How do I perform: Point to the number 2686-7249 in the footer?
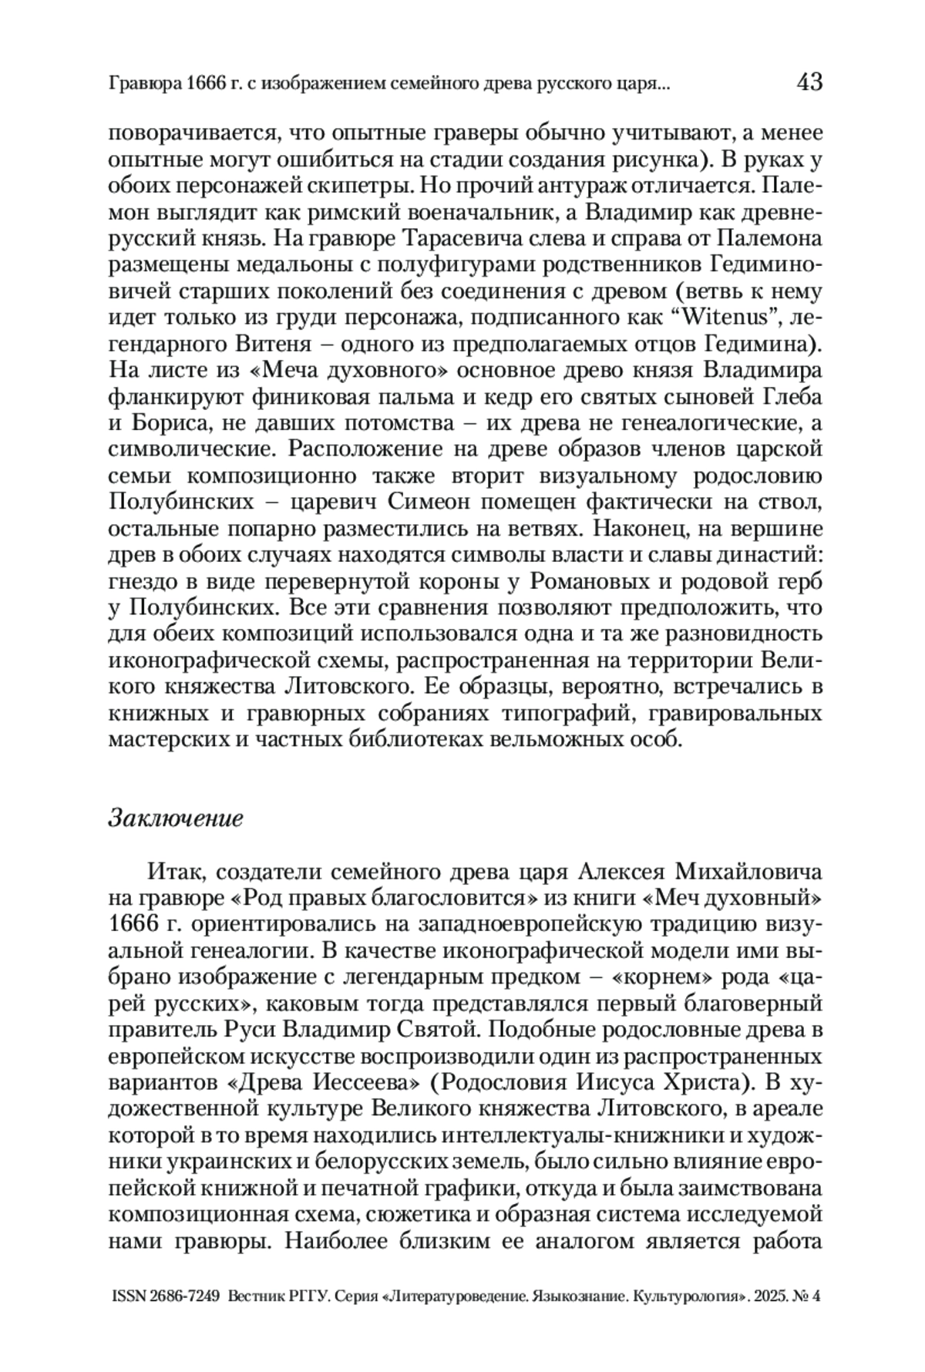point(185,1296)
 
